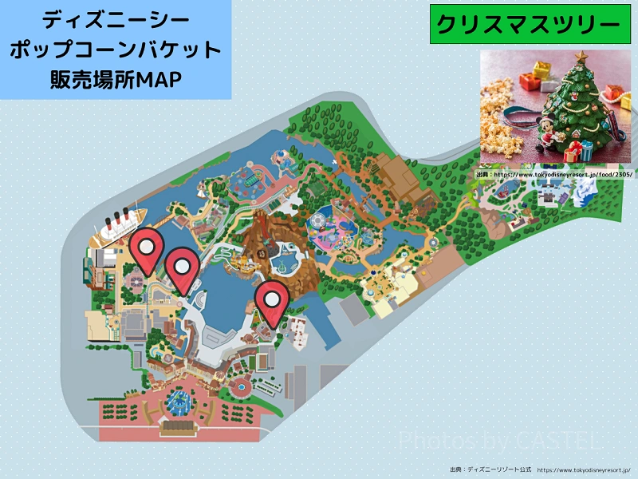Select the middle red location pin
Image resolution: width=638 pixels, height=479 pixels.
[x=183, y=267]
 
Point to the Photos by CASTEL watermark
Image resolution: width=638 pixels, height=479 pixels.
[x=499, y=439]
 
